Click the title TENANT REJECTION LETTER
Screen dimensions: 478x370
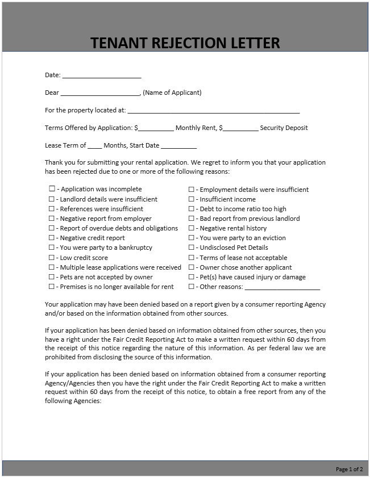(185, 43)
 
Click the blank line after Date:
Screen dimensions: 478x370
(101, 76)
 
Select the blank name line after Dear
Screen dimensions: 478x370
(99, 93)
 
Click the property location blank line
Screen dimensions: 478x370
(214, 111)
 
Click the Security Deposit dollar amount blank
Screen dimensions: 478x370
(240, 129)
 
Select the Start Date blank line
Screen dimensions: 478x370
(178, 146)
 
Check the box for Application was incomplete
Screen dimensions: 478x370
(52, 189)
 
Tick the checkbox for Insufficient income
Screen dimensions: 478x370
(192, 199)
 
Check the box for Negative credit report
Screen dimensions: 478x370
(52, 238)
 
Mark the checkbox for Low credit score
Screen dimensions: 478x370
(52, 258)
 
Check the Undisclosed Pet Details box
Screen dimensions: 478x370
(192, 248)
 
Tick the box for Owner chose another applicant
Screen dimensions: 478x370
(192, 267)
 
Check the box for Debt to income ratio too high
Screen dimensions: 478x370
(192, 209)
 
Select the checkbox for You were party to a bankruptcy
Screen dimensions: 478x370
(52, 248)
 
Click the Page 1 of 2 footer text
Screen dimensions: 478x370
(349, 469)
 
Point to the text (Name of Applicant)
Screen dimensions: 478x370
(172, 93)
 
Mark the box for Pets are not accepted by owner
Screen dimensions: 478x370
(52, 277)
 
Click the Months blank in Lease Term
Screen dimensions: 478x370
(95, 146)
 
